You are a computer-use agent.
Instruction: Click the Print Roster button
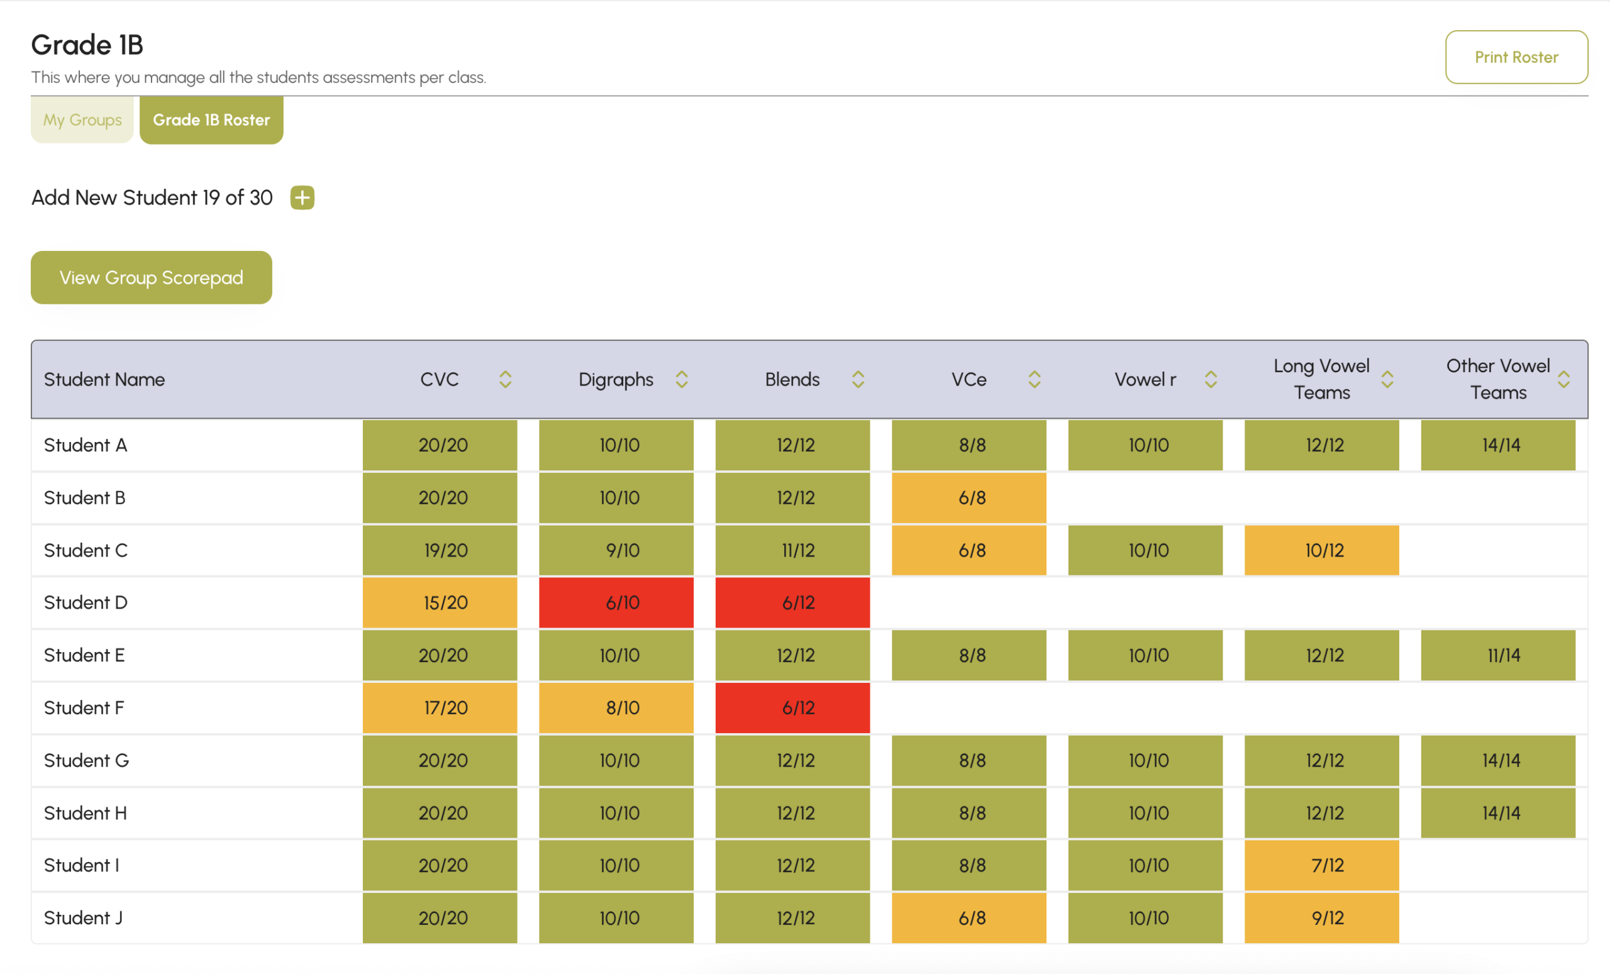click(x=1516, y=57)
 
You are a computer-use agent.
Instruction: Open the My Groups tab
click(x=82, y=119)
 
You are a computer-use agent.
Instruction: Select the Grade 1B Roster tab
click(x=211, y=119)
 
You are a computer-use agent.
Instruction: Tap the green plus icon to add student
click(x=302, y=197)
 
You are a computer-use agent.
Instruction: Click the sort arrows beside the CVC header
click(x=505, y=380)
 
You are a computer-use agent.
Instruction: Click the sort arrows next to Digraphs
click(x=682, y=380)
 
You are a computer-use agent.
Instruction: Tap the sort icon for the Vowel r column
click(x=1211, y=380)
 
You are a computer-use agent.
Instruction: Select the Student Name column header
click(x=104, y=380)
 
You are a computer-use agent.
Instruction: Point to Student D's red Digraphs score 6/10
click(x=616, y=602)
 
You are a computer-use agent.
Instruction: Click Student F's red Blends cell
click(x=792, y=707)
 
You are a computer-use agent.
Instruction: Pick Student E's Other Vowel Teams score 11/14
click(x=1498, y=655)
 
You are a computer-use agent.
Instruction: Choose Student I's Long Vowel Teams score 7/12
click(x=1322, y=865)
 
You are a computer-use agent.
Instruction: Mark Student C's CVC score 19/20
click(x=440, y=550)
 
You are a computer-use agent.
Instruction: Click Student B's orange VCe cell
click(x=969, y=498)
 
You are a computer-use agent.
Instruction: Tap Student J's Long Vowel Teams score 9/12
click(x=1322, y=918)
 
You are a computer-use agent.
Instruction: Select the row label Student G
click(x=86, y=760)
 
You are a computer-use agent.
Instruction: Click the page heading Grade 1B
click(x=87, y=45)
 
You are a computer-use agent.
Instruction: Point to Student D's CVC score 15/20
click(x=440, y=602)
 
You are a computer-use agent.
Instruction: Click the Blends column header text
click(x=792, y=380)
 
